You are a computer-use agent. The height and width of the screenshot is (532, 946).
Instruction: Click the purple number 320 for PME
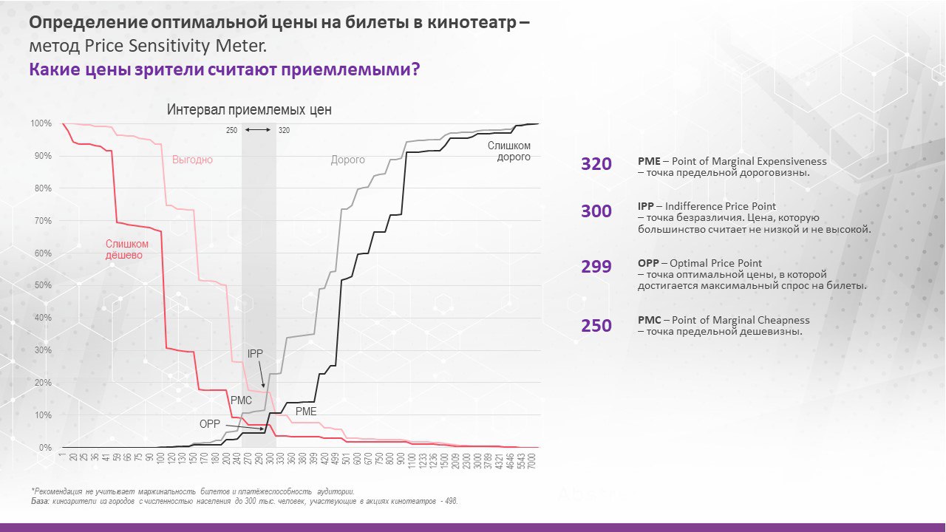596,164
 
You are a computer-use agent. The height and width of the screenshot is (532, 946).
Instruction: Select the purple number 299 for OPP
596,267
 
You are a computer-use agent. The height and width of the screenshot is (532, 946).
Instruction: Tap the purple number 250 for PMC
596,326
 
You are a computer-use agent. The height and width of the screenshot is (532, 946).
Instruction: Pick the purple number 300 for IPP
596,211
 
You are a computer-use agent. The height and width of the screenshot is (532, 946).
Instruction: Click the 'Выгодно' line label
192,160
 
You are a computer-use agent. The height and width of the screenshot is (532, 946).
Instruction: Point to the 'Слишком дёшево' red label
126,249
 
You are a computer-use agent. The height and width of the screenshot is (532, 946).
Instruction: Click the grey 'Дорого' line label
347,160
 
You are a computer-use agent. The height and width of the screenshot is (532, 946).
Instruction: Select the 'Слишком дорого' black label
508,151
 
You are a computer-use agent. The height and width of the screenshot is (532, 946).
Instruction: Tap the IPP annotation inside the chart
255,354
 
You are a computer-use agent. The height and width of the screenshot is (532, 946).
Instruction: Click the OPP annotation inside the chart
210,424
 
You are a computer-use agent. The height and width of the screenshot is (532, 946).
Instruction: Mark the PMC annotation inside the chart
241,400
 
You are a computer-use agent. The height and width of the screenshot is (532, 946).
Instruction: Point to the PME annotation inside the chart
306,411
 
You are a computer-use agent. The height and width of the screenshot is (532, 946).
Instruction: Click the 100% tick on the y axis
41,123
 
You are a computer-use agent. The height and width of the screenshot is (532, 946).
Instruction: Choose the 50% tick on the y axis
43,285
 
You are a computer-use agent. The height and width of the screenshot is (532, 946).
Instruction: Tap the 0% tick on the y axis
45,448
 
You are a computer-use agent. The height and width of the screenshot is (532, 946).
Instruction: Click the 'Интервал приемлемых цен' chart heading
249,110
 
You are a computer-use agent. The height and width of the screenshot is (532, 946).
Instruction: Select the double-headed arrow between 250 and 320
258,130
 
